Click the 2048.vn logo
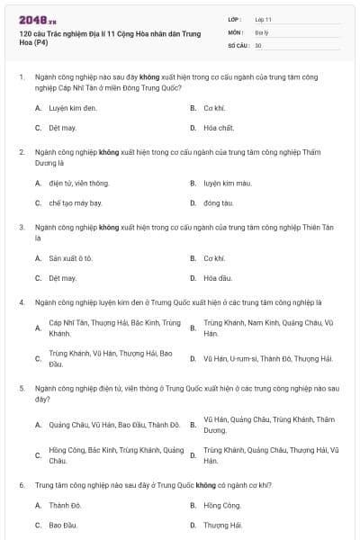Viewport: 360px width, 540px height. pyautogui.click(x=32, y=18)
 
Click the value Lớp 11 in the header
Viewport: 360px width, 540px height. pyautogui.click(x=264, y=18)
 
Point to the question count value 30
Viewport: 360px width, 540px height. pyautogui.click(x=258, y=44)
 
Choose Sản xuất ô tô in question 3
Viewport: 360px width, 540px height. pyautogui.click(x=71, y=258)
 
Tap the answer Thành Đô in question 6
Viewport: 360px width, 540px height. pyautogui.click(x=65, y=505)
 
